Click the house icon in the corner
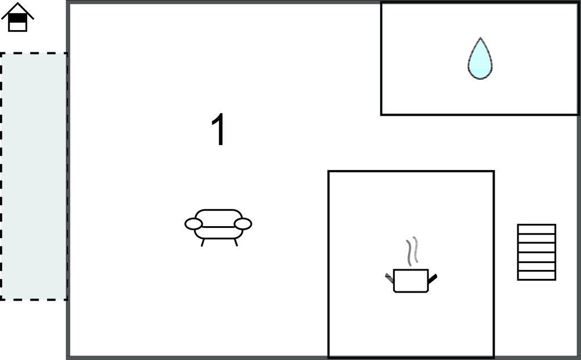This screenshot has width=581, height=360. coord(18,18)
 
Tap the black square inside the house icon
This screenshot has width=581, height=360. coord(18,18)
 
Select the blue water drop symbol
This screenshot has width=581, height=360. coord(480,60)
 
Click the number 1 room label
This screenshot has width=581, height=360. coord(218,130)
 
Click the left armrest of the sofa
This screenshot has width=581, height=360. coord(193,224)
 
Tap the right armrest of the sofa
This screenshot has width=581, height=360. coord(243,224)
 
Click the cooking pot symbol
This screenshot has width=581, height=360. coord(411,280)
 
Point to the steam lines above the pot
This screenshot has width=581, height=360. coord(412,251)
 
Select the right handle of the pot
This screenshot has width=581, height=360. coord(432,278)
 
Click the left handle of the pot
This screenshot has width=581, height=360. coord(389,278)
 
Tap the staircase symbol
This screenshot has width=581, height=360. coord(536,252)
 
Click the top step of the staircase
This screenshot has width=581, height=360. coord(536,229)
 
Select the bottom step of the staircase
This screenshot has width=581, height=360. coord(536,276)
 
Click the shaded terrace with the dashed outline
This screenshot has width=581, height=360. coord(33,176)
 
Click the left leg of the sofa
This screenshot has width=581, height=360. coord(203,242)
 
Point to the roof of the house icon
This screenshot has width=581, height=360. coord(18,9)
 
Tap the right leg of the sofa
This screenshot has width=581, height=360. coord(235,242)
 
